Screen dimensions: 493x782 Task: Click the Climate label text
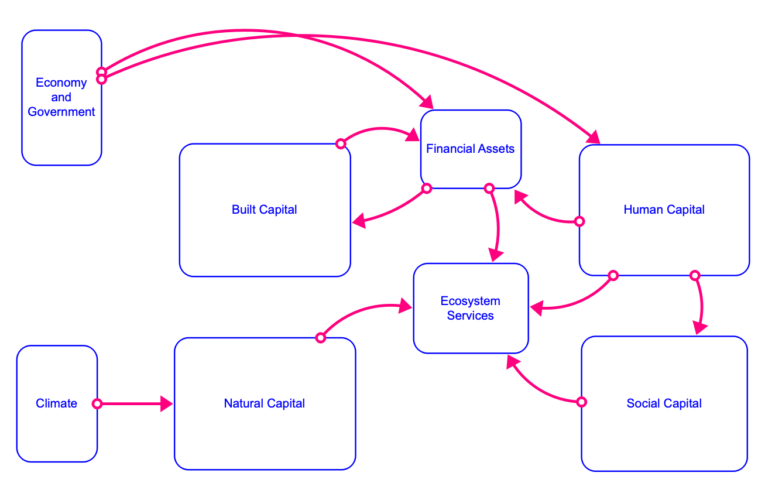pos(56,403)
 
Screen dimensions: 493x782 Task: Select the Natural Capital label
pos(265,403)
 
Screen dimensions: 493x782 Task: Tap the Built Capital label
pos(265,210)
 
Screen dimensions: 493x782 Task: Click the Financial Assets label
pos(470,149)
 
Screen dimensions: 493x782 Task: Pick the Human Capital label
pos(664,210)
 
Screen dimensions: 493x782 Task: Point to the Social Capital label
pos(664,403)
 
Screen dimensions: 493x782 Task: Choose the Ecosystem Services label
pos(470,308)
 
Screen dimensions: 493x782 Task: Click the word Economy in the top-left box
pos(61,83)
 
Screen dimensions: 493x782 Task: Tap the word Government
pos(61,112)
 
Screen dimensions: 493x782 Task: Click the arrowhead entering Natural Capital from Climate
pos(166,403)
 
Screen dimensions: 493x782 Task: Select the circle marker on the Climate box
pos(97,403)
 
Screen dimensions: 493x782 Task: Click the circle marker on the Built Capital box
pos(341,143)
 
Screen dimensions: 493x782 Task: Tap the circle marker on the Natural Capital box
pos(320,337)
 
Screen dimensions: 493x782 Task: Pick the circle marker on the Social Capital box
pos(581,402)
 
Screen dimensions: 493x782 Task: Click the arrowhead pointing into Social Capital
pos(698,327)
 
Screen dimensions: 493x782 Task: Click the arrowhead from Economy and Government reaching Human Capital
pos(594,137)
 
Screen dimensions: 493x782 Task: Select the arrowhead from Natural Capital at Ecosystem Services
pos(405,305)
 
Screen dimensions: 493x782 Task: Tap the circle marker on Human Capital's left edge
pos(579,221)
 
